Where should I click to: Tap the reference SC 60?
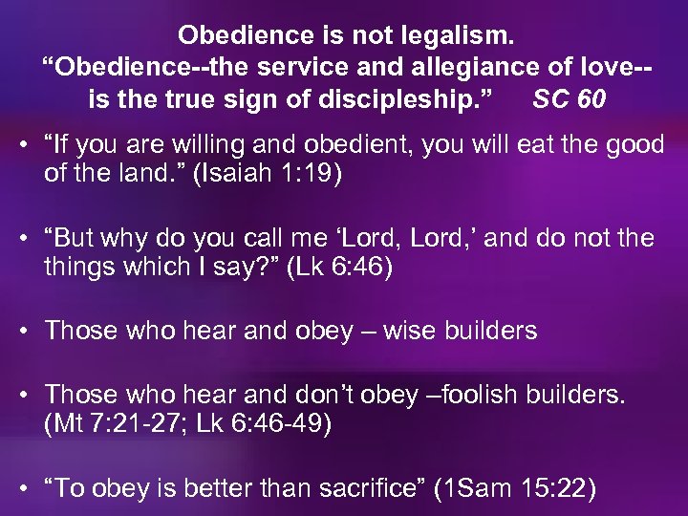point(569,99)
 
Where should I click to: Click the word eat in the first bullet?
point(553,145)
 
